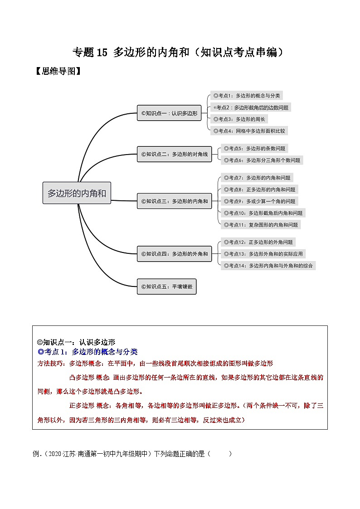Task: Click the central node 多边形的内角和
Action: click(x=77, y=193)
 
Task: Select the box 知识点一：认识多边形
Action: click(x=169, y=113)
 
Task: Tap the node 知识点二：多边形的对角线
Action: click(x=174, y=154)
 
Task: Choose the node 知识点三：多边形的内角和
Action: click(x=174, y=201)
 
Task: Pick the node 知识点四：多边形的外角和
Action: click(x=174, y=254)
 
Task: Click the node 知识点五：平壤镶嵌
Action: click(x=166, y=286)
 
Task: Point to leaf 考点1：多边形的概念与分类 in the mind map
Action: click(x=247, y=96)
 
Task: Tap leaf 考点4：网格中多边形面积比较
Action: click(x=249, y=131)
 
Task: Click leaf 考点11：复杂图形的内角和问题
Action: click(x=261, y=225)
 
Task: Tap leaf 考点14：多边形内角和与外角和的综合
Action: click(x=268, y=266)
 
